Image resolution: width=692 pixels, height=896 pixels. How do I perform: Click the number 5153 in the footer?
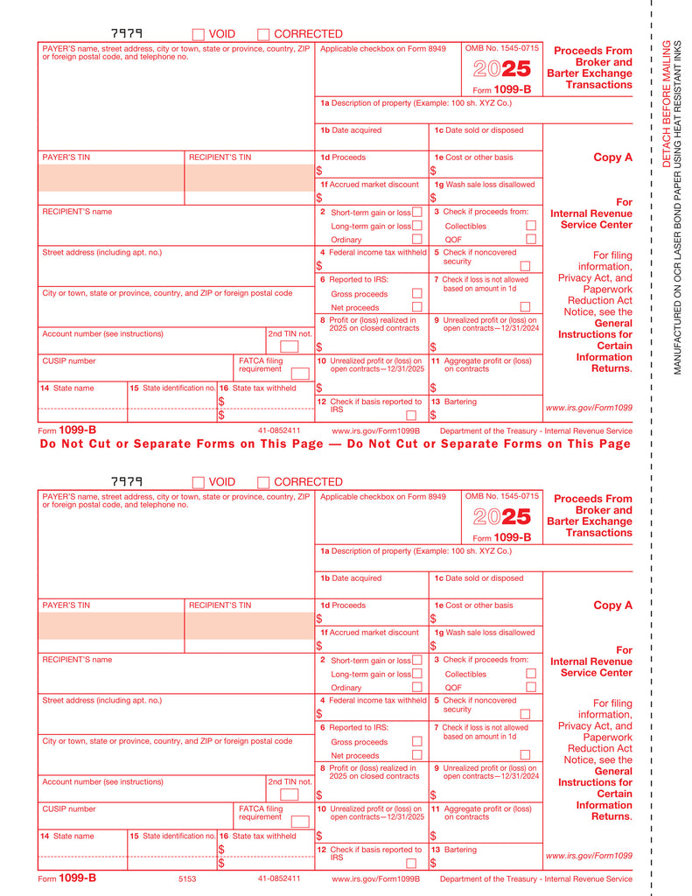click(187, 878)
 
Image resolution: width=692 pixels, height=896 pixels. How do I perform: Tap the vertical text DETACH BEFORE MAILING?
click(666, 103)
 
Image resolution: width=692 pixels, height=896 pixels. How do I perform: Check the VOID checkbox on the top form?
click(199, 34)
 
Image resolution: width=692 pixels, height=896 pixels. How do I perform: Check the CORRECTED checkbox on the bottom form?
click(263, 482)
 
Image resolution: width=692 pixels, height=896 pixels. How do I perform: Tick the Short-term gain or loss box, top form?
click(416, 212)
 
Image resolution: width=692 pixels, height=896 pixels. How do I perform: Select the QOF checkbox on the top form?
click(530, 239)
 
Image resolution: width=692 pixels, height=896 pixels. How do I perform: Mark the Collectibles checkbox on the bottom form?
click(530, 674)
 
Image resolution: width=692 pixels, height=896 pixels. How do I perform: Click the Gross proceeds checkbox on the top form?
click(416, 294)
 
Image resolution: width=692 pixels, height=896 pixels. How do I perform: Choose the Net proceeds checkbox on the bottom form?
click(416, 755)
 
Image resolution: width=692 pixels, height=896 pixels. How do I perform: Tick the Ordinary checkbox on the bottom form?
click(416, 687)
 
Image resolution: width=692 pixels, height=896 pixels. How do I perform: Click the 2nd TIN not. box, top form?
click(289, 346)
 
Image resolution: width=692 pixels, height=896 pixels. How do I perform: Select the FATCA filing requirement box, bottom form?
click(300, 822)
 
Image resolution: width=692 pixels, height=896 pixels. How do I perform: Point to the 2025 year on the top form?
click(502, 69)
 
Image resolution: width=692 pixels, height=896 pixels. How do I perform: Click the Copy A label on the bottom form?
click(612, 605)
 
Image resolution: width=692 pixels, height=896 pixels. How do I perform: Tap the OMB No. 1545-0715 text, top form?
click(501, 48)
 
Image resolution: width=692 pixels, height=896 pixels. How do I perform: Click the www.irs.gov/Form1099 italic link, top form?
click(588, 408)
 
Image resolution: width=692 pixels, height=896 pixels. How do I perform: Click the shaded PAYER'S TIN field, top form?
click(110, 178)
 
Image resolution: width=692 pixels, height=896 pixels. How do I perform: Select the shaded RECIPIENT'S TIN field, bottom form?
click(249, 626)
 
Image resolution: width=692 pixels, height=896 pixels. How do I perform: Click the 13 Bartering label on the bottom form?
click(455, 850)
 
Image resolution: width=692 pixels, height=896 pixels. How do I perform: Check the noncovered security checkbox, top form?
click(525, 266)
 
